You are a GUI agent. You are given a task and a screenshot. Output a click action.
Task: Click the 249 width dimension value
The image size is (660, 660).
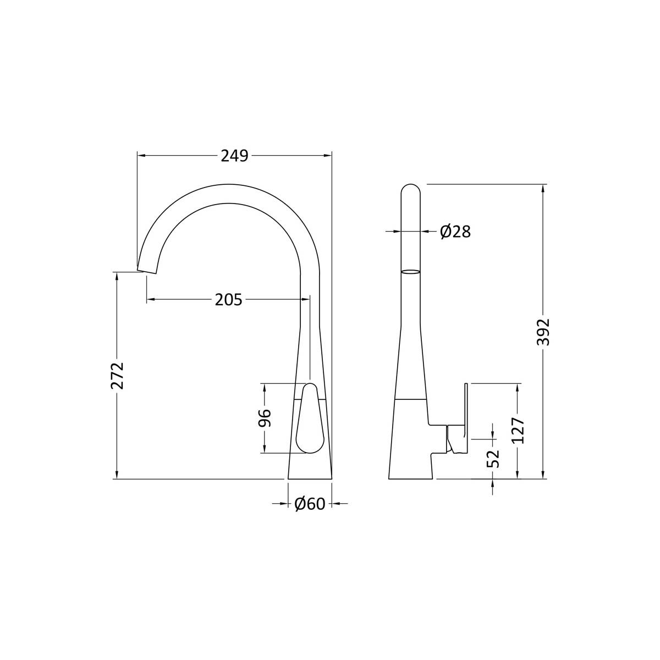(x=234, y=156)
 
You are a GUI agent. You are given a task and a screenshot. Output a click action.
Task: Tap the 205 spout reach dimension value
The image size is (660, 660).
(x=228, y=300)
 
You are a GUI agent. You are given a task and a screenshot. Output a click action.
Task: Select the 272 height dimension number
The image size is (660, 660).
(x=117, y=376)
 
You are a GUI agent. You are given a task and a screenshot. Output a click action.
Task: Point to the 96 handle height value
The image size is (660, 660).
(x=265, y=417)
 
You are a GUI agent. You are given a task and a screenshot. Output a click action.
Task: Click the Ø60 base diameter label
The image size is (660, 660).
(x=310, y=503)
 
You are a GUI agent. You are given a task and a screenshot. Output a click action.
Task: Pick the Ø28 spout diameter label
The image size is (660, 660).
(x=455, y=232)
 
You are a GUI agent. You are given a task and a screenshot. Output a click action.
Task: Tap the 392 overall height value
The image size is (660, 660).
(x=543, y=332)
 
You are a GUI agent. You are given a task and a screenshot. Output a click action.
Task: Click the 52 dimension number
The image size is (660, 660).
(x=493, y=459)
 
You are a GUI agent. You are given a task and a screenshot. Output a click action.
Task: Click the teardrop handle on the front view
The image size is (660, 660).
(x=310, y=419)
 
